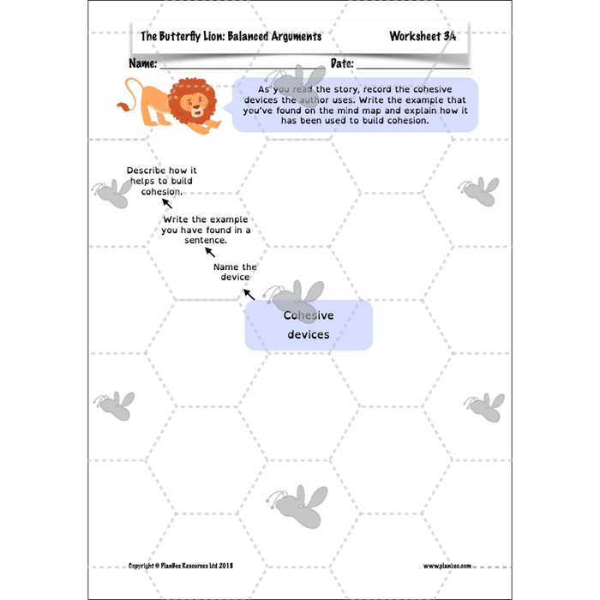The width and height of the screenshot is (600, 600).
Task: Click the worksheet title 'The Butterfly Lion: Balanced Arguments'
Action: coord(231,37)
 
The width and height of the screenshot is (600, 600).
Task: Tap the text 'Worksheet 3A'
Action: coord(423,37)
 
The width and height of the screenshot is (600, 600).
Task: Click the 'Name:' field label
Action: coord(142,64)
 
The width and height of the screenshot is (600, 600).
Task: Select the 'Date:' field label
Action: coord(342,64)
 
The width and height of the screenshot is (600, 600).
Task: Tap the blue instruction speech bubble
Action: coord(354,105)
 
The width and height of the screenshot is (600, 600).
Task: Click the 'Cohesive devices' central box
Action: coord(309,325)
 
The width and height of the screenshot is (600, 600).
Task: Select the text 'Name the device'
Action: coord(234,272)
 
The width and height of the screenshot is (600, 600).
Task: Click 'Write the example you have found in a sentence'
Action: coord(206,231)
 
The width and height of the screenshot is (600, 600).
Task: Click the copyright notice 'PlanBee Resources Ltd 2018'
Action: coord(181,566)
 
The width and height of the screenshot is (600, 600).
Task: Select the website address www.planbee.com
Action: coord(447,566)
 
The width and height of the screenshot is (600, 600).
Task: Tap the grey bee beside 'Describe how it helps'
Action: coord(109,195)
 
